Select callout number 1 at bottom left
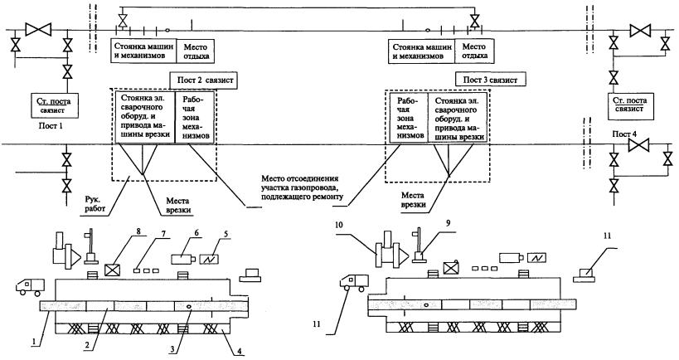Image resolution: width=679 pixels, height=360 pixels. coord(31,340)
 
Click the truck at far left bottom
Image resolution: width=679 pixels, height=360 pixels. coord(30,286)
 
